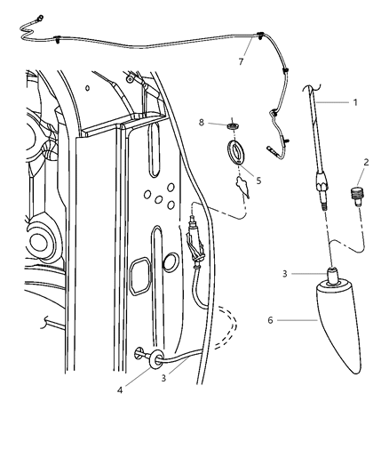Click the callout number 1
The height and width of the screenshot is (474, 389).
355,102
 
